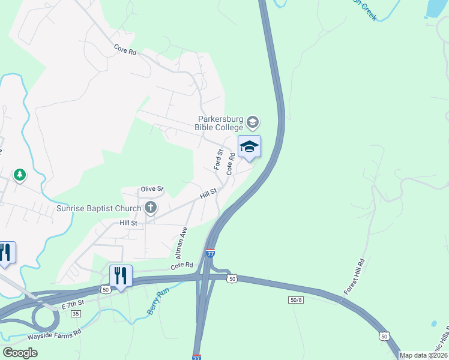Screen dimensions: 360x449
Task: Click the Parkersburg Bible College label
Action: tap(219, 123)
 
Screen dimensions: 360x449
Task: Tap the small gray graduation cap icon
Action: tap(253, 123)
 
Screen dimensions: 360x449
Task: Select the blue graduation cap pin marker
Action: tap(249, 147)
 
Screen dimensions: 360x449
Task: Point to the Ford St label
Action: tap(219, 159)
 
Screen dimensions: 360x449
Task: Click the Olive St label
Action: tap(152, 189)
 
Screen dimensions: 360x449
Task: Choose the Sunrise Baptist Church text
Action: tap(98, 209)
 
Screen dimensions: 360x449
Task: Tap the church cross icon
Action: tap(150, 208)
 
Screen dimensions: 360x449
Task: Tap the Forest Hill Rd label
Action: tap(354, 277)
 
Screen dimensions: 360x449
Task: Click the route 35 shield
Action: tap(76, 314)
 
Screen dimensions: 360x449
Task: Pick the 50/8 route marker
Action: tap(295, 299)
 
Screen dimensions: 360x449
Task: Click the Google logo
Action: tap(20, 353)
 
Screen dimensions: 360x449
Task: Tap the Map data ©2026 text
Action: tap(424, 355)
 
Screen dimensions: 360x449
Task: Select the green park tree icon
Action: tap(20, 175)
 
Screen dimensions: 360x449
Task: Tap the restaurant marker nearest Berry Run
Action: tap(121, 277)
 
